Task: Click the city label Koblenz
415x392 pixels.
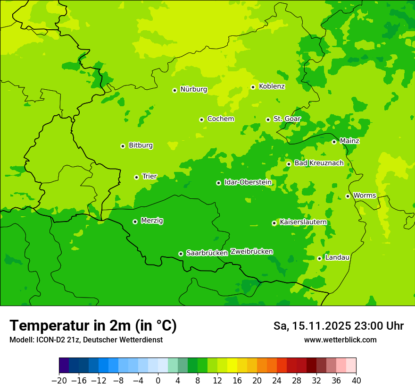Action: (272, 86)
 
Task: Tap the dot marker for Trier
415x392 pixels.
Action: (136, 177)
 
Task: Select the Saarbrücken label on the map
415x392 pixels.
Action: (207, 253)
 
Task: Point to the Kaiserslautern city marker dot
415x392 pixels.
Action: (274, 223)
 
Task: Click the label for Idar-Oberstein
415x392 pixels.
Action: (248, 182)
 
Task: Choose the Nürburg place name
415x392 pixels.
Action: (193, 89)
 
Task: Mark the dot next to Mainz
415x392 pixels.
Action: (334, 142)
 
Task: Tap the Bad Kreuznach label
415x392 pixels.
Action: (319, 163)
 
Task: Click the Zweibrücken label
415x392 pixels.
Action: (251, 252)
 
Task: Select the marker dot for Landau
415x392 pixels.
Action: (319, 258)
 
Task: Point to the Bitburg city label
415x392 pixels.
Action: (141, 145)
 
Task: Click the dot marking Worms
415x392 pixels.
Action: (348, 196)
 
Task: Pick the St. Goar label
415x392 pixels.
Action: (287, 119)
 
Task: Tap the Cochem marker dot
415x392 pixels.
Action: (201, 119)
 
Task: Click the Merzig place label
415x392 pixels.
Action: (152, 221)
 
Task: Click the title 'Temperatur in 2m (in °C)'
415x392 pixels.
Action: (93, 326)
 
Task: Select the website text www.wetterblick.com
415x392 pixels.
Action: (340, 340)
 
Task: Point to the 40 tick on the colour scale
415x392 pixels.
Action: (356, 380)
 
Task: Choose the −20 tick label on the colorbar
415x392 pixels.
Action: (59, 380)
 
